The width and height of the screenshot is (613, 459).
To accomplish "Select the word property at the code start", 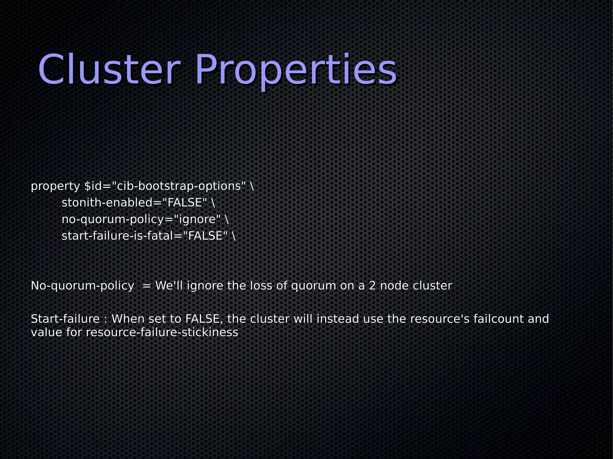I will coord(55,187).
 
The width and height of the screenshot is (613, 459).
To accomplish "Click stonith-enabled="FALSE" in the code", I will coord(134,203).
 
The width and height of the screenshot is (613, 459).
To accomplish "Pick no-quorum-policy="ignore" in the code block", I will coord(141,219).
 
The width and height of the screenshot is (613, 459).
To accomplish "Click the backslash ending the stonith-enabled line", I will coord(213,203).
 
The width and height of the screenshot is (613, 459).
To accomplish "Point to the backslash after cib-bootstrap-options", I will coord(251,186).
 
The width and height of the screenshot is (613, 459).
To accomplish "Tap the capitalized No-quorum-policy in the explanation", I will coord(82,286).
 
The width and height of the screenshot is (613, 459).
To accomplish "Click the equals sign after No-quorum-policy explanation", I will coord(147,286).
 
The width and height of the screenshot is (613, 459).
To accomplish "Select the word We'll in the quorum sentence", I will coord(169,286).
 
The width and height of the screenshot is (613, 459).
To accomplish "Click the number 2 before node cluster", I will coord(372,286).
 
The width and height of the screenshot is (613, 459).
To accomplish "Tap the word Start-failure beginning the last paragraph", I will coord(65,319).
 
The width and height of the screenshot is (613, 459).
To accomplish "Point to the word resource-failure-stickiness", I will coord(162,333).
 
